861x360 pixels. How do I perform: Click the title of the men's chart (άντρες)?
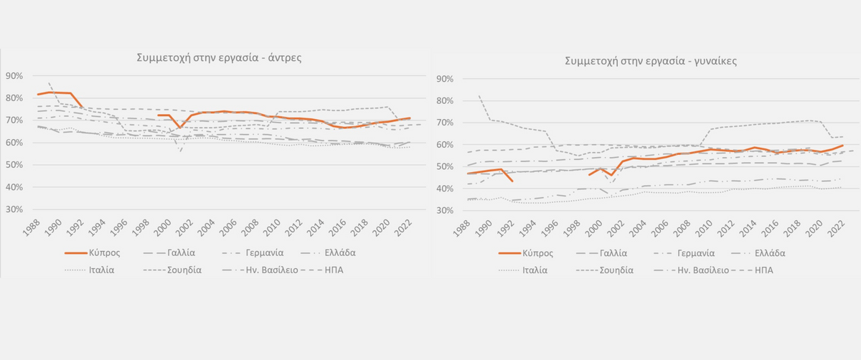coord(219,59)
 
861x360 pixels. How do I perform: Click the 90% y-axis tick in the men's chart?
coord(14,76)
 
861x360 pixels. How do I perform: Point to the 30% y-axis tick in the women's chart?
coord(446,211)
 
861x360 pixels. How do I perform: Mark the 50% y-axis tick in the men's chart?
coord(14,165)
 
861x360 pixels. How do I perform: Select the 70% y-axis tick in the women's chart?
coord(446,123)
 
